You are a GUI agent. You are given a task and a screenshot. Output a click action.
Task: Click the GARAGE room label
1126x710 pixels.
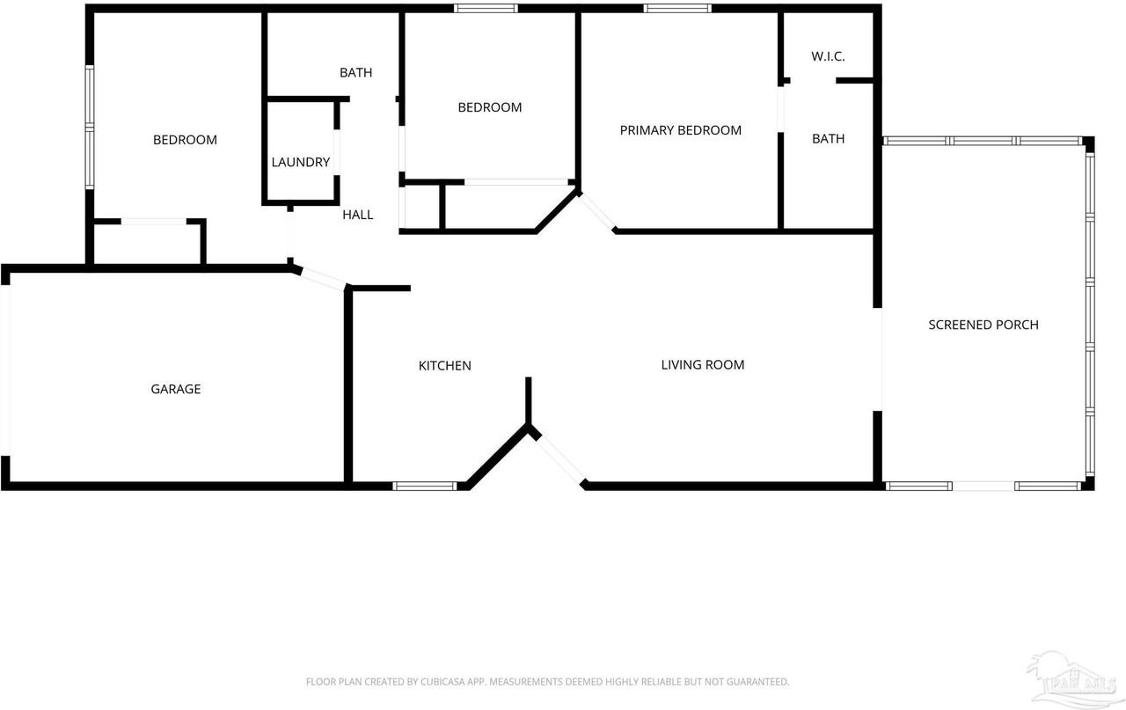(176, 389)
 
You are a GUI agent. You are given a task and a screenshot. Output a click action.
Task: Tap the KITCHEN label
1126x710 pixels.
(444, 365)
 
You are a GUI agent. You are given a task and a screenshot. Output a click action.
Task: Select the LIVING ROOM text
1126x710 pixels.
(703, 364)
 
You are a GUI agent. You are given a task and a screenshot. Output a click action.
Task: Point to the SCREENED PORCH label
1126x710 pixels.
(983, 325)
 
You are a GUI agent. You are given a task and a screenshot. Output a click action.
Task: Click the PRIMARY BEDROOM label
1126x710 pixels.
(680, 130)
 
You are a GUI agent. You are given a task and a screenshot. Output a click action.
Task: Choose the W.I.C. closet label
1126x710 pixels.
(828, 56)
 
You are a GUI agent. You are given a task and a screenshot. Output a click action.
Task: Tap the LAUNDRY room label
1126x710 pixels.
(300, 162)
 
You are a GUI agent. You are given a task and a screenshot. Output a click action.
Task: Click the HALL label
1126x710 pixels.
(357, 214)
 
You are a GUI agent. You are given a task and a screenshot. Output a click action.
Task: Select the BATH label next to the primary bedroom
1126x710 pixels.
(828, 138)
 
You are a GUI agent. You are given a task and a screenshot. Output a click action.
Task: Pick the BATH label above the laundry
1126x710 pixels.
(355, 72)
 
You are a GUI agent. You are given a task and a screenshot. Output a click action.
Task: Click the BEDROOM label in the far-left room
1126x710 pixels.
(185, 139)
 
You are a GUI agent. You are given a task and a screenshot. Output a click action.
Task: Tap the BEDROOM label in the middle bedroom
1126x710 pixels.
(489, 107)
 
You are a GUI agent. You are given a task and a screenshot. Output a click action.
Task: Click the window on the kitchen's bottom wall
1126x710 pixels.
(424, 485)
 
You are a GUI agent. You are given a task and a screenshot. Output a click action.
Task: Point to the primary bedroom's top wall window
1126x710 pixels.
(677, 9)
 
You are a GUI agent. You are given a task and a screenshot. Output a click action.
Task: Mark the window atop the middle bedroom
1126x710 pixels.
(486, 9)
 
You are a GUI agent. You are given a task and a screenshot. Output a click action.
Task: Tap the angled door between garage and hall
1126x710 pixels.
(320, 278)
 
